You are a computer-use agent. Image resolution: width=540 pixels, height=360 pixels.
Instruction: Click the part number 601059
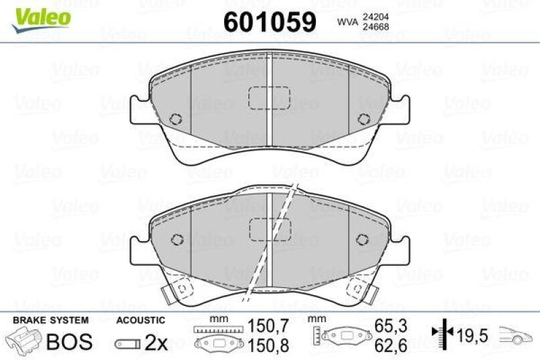pyautogui.click(x=269, y=22)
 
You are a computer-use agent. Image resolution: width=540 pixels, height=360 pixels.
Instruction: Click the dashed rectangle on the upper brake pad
pyautogui.click(x=269, y=99)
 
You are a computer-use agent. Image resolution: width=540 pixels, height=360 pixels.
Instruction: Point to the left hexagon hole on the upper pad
pyautogui.click(x=176, y=119)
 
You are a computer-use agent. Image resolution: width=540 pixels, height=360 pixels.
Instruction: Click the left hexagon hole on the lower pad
pyautogui.click(x=178, y=240)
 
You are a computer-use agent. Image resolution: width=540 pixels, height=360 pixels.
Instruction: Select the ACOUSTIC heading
pyautogui.click(x=140, y=319)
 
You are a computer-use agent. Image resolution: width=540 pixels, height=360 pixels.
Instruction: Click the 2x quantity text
pyautogui.click(x=157, y=342)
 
